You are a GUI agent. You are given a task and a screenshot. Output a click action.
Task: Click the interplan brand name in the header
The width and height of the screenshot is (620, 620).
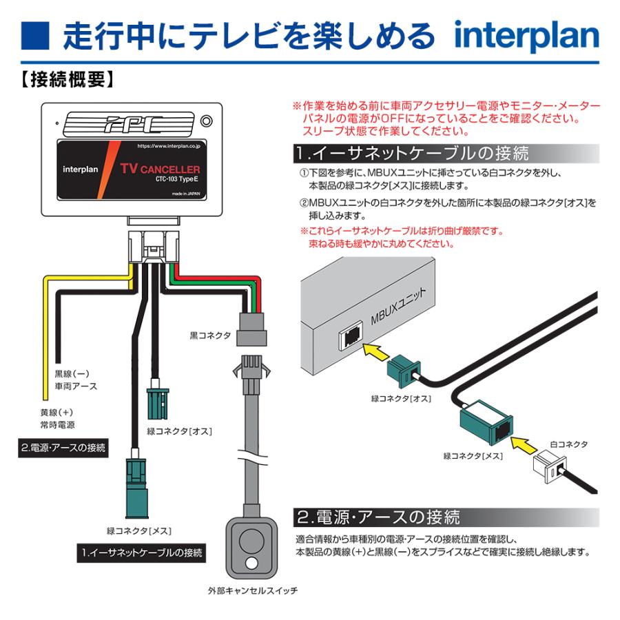[x=526, y=35]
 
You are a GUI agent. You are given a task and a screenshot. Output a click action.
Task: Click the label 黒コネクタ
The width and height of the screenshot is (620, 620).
[x=210, y=336]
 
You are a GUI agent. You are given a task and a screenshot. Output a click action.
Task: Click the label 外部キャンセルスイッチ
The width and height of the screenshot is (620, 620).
[x=252, y=591]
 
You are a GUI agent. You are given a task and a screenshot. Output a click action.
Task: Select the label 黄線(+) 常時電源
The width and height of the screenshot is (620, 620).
[x=57, y=418]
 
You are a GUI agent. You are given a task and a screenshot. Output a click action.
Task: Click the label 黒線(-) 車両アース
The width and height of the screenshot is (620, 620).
[x=74, y=380]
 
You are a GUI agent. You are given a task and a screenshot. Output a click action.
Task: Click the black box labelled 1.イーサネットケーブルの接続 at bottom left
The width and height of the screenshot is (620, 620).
[x=140, y=552]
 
